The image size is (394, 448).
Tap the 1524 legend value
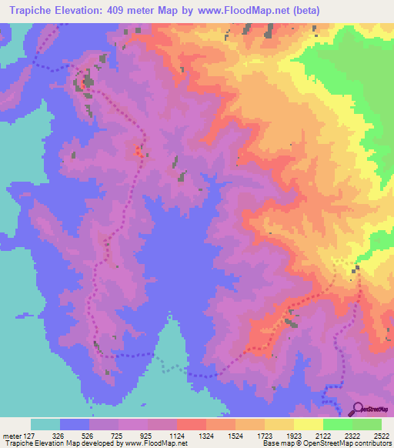pyautogui.click(x=236, y=434)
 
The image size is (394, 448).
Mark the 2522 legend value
pyautogui.click(x=381, y=434)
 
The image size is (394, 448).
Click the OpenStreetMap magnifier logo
pyautogui.click(x=357, y=409)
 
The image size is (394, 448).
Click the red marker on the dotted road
pyautogui.click(x=139, y=151)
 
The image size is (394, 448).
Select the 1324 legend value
pyautogui.click(x=207, y=434)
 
